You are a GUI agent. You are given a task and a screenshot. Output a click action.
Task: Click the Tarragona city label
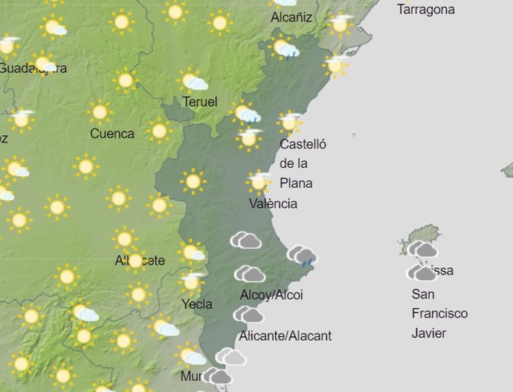coord(426,10)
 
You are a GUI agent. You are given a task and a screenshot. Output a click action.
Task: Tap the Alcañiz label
coord(291,17)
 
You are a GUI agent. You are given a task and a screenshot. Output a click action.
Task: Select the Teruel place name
coord(199,102)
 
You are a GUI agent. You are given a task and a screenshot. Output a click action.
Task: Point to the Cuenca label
coord(112,134)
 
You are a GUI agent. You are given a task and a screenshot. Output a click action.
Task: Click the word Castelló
coord(303,144)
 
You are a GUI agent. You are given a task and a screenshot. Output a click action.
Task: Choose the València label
coord(273,203)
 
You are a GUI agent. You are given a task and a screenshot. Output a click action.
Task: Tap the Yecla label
coord(197,304)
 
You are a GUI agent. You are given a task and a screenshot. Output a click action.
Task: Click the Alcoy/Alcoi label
coord(271,295)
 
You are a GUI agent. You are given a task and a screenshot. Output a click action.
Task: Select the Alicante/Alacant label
coord(285,336)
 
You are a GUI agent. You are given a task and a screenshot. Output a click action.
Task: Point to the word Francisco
coord(439,313)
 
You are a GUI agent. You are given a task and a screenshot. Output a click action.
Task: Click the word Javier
coord(429,333)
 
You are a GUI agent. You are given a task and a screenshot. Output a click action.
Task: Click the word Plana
coord(296,183)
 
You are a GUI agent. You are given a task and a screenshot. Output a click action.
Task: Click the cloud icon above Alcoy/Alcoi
coord(250,275)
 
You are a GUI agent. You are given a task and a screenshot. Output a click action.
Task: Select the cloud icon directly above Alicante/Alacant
coord(248,315)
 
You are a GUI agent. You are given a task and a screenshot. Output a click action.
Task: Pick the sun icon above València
coord(259,181)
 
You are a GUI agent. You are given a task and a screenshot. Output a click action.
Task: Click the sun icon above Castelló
coord(289,121)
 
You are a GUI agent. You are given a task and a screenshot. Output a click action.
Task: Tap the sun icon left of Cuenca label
coord(99,112)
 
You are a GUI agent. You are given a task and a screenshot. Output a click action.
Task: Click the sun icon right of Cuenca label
coord(158,131)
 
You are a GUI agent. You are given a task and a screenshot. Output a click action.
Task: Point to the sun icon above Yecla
coord(192,281)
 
